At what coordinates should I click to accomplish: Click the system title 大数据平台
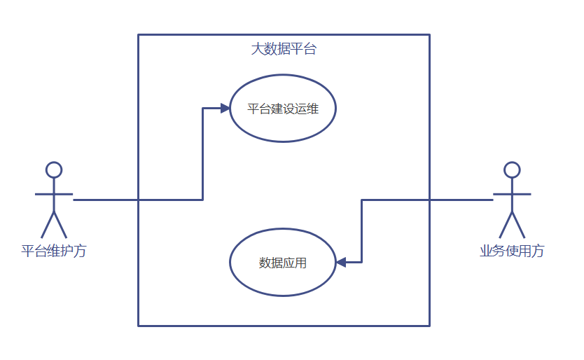[x=284, y=50]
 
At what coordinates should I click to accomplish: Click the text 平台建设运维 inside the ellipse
[x=283, y=109]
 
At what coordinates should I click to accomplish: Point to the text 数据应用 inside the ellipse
[x=283, y=263]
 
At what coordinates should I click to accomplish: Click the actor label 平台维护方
[x=54, y=251]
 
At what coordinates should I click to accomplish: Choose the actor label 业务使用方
[x=512, y=251]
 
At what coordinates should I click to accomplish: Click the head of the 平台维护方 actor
[x=54, y=169]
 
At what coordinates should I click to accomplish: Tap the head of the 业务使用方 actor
[x=512, y=169]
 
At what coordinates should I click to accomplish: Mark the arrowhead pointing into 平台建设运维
[x=225, y=108]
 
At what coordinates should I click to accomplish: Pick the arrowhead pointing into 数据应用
[x=341, y=262]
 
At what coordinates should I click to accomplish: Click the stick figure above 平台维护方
[x=54, y=200]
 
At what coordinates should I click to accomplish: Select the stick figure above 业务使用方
[x=512, y=200]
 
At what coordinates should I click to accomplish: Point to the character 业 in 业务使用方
[x=486, y=251]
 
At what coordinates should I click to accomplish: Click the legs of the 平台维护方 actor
[x=54, y=224]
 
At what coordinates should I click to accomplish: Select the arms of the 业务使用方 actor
[x=512, y=193]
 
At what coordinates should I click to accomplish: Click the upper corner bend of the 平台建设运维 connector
[x=203, y=109]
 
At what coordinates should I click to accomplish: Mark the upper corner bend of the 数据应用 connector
[x=362, y=200]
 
